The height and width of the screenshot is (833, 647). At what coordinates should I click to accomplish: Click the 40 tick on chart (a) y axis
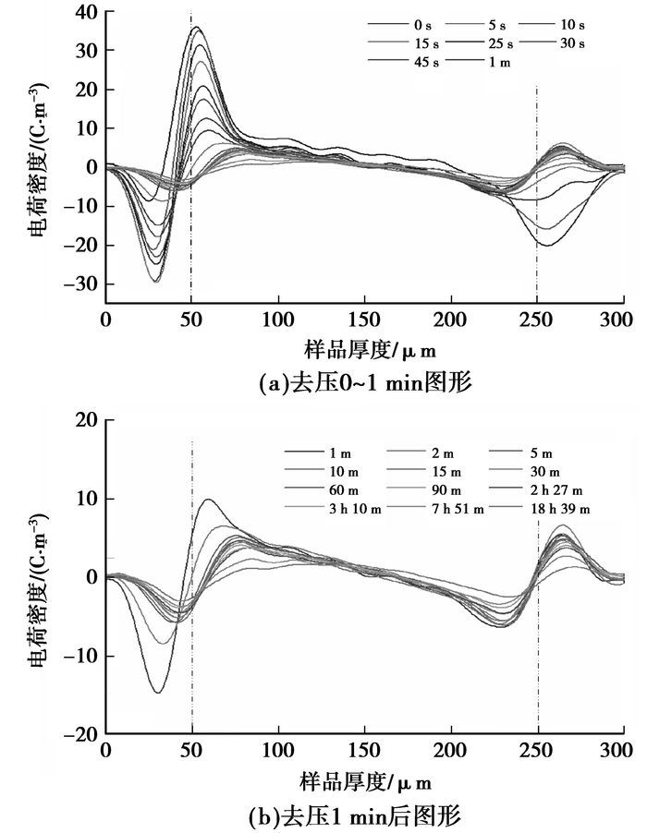(x=86, y=13)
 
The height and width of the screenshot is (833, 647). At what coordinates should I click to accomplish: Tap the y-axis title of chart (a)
(x=43, y=157)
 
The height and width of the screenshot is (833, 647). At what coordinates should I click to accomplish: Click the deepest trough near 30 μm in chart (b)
(x=157, y=693)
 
